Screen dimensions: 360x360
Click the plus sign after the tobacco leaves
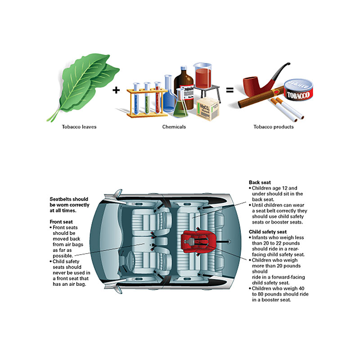coord(116,90)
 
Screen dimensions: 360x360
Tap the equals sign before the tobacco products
coord(230,90)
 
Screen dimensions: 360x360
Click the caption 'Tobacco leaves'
coord(79,127)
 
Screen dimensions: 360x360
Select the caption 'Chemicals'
coord(174,127)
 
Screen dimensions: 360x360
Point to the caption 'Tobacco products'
coord(274,127)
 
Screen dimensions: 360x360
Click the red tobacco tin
coord(298,90)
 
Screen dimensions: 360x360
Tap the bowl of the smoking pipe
coord(251,86)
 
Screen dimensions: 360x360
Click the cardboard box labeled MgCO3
coord(207,108)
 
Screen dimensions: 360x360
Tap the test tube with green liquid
coord(147,98)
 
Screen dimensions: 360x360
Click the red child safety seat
coord(198,240)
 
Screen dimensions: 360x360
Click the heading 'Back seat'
coord(260,182)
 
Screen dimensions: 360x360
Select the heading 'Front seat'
coord(61,222)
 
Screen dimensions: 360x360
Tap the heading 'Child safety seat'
coord(268,232)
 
